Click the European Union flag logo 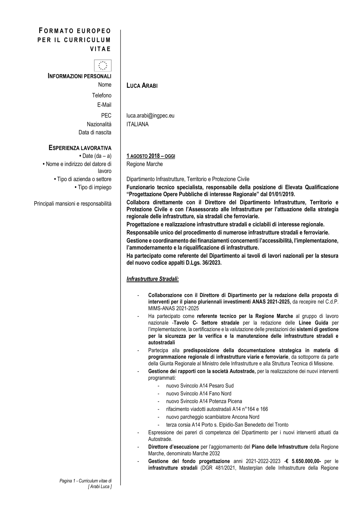click(x=103, y=66)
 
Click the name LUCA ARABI click(x=142, y=86)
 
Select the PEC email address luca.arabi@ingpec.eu click(x=150, y=116)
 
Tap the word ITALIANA click(x=138, y=124)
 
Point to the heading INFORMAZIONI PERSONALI click(x=80, y=76)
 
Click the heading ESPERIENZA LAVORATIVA click(x=80, y=148)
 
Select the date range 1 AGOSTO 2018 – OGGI click(x=151, y=156)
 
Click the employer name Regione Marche click(x=145, y=164)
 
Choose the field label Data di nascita click(x=95, y=132)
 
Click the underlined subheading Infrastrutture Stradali click(x=153, y=279)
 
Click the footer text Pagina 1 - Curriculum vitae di click(x=86, y=481)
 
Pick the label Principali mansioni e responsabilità click(x=73, y=204)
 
